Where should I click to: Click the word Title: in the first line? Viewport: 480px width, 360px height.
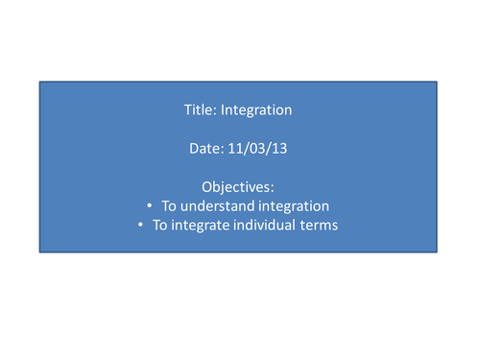[200, 109]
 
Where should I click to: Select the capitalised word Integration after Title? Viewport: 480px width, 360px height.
[256, 109]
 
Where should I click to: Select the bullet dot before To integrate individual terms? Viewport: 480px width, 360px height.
[141, 226]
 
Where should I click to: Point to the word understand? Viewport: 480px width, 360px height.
[213, 206]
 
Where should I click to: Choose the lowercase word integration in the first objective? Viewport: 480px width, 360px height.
[290, 206]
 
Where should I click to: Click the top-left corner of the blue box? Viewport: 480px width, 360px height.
[39, 82]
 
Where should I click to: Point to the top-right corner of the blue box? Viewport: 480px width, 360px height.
[438, 82]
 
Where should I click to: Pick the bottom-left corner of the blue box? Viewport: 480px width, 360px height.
[39, 252]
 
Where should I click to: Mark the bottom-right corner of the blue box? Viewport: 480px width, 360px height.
[438, 252]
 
